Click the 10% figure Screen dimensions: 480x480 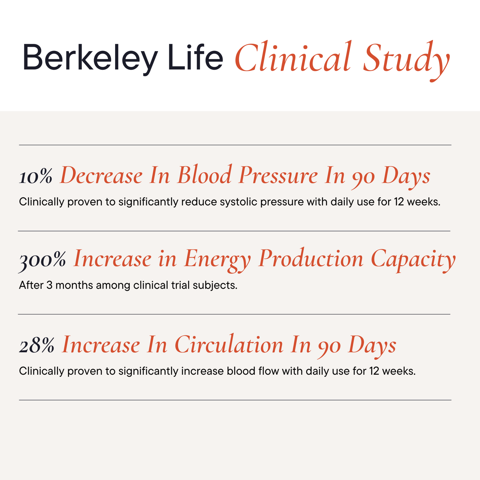[x=36, y=176]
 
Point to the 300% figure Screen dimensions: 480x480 [x=42, y=260]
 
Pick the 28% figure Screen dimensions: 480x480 [x=37, y=346]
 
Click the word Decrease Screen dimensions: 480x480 [x=101, y=176]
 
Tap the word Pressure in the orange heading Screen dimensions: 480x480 [x=278, y=176]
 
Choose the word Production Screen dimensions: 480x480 [x=311, y=259]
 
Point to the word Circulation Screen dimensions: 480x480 [x=229, y=345]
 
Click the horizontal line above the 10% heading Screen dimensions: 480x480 [x=235, y=145]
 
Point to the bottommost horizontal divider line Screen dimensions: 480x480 [x=235, y=400]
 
